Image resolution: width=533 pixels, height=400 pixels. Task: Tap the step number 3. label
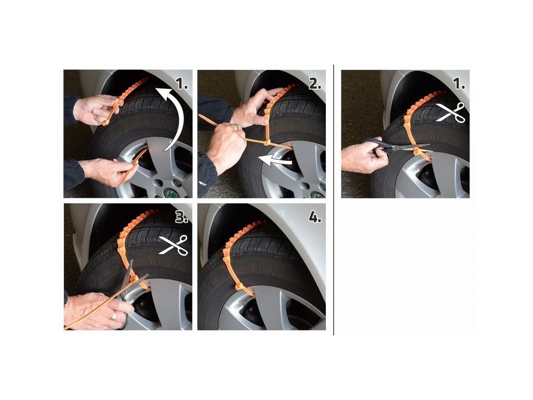tap(182, 217)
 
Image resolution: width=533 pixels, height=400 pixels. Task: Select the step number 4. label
tap(315, 217)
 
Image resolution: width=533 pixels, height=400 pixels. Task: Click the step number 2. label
tap(315, 83)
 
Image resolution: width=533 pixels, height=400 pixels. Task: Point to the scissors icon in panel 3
tap(174, 245)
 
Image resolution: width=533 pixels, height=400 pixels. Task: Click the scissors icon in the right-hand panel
tap(451, 113)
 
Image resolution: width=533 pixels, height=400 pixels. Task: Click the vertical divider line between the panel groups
tap(334, 199)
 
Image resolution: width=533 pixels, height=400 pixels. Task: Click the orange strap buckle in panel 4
tap(240, 288)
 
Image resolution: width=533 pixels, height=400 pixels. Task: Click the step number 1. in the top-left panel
tap(182, 83)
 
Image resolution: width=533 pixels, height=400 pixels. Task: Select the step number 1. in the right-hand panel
tap(460, 83)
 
